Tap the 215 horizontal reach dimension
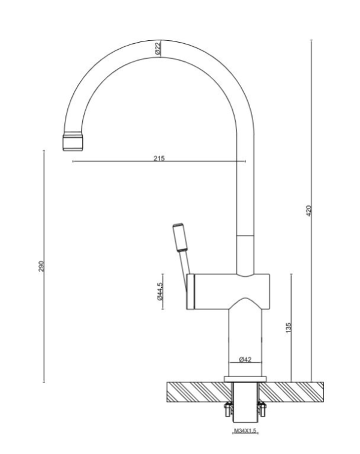158,159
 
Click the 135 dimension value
289,328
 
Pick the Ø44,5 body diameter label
159,292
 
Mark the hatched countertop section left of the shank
195,392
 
